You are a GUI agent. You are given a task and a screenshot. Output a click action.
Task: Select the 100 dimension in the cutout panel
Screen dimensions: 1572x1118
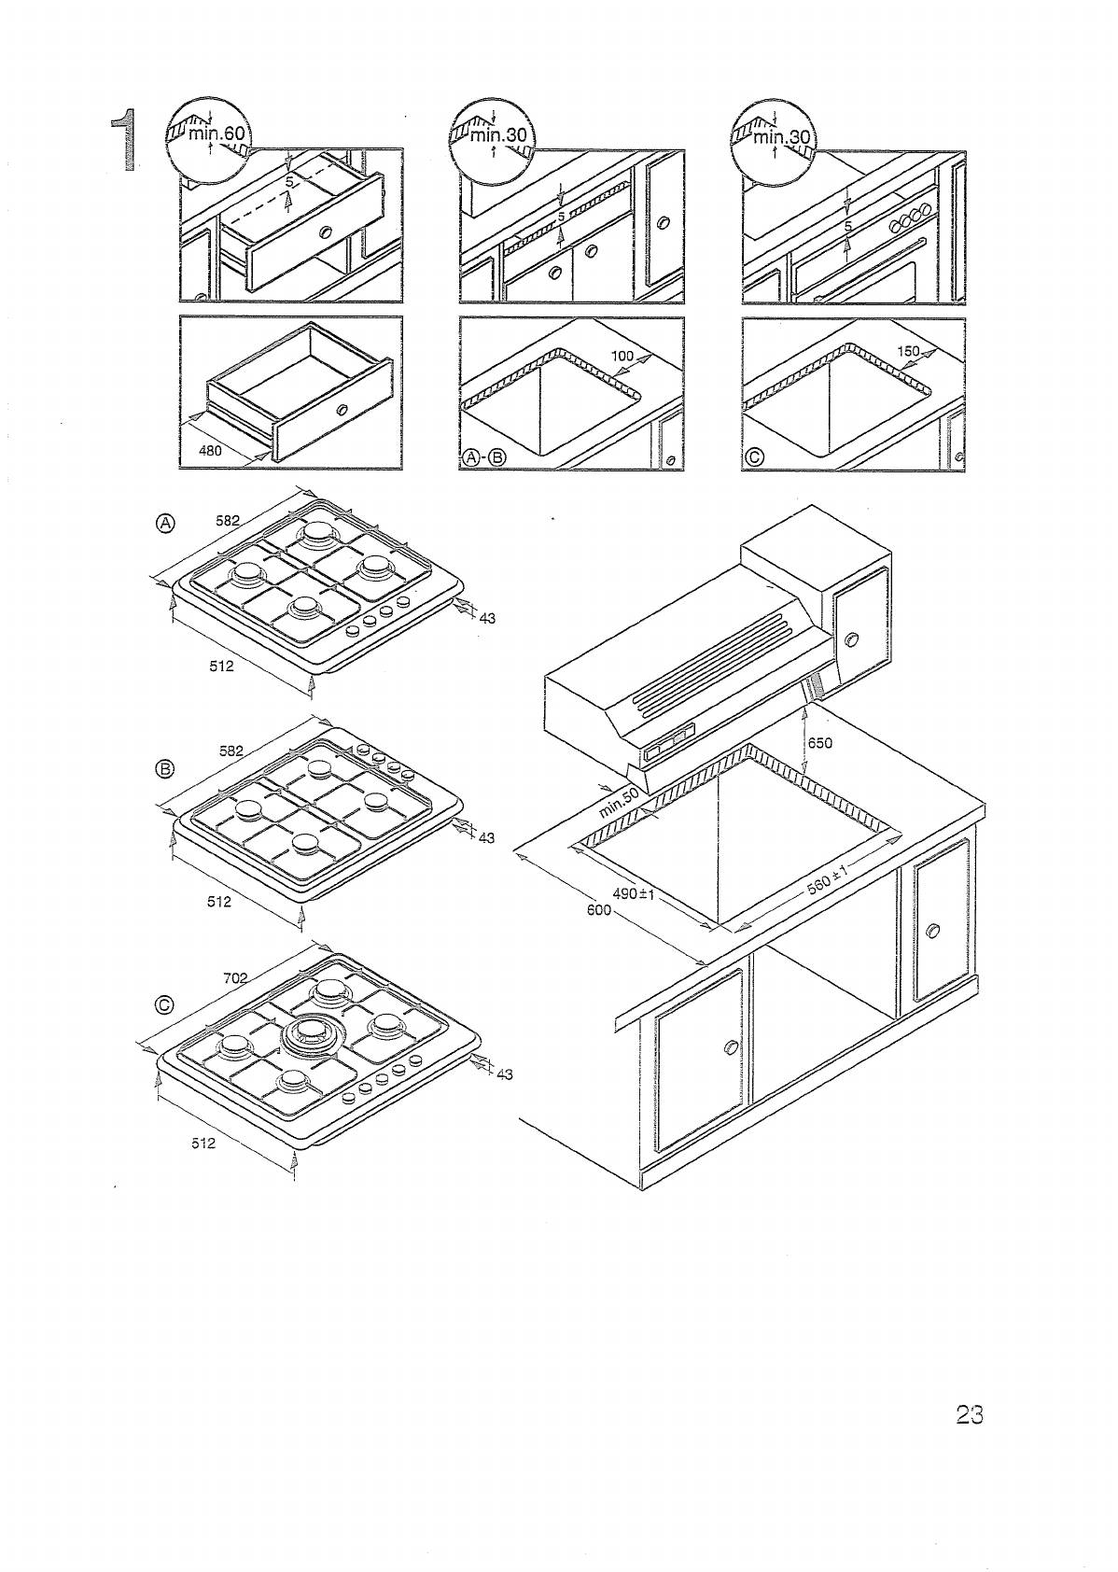(x=622, y=356)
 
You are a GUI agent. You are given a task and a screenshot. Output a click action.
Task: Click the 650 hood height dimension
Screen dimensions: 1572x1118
(x=819, y=743)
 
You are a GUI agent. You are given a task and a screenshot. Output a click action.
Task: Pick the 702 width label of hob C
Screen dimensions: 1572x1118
(x=235, y=977)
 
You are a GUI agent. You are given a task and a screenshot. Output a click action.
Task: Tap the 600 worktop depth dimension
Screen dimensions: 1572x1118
(x=598, y=910)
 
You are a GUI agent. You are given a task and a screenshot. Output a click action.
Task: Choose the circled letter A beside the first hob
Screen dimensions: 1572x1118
(x=165, y=523)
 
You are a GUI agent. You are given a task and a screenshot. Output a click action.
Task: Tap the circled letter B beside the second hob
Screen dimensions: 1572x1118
(x=165, y=769)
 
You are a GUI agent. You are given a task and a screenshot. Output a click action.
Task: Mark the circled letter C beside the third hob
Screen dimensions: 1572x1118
(x=165, y=1004)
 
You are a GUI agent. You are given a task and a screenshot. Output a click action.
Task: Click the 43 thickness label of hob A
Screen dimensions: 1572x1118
(x=487, y=617)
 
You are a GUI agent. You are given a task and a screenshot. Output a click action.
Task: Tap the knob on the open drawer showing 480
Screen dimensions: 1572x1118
(x=342, y=410)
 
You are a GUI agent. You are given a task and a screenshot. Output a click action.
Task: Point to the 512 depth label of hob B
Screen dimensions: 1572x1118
(x=219, y=902)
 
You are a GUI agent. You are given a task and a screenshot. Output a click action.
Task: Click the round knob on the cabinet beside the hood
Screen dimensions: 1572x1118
(x=850, y=639)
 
